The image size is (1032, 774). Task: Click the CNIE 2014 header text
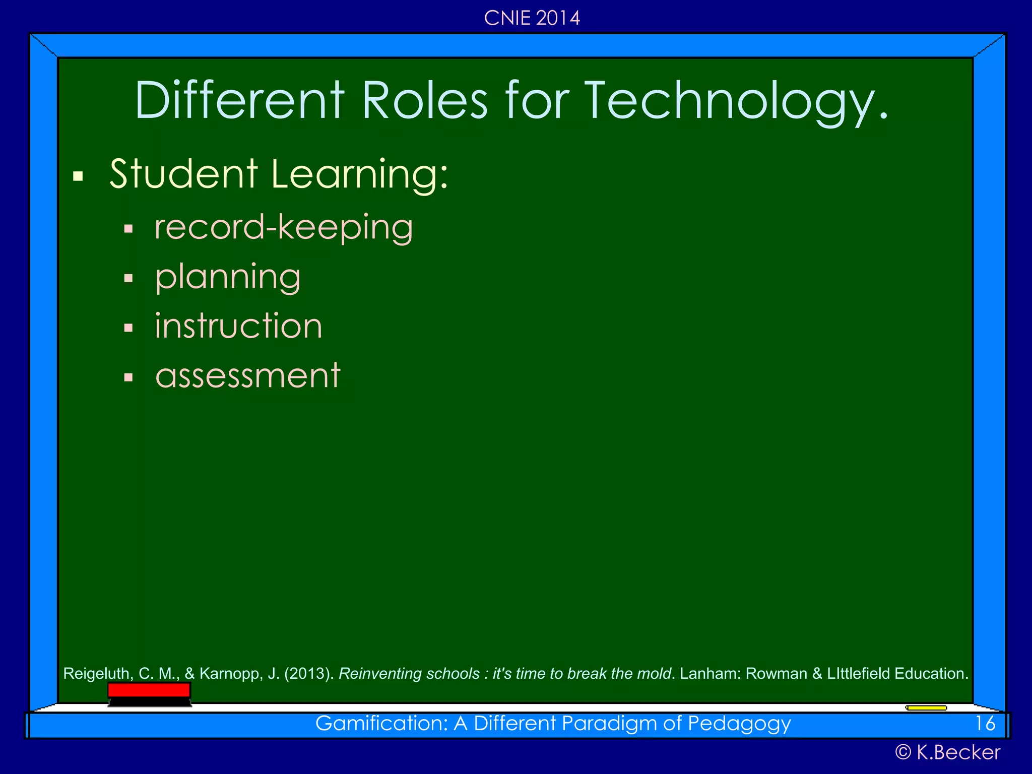(x=532, y=18)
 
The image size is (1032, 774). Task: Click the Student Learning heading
(x=279, y=174)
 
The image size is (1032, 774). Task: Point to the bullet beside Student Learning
(x=78, y=176)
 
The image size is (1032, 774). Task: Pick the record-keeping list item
(x=284, y=227)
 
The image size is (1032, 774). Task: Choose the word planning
(x=228, y=277)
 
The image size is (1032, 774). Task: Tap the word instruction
(x=238, y=326)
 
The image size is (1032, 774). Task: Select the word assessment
(x=248, y=375)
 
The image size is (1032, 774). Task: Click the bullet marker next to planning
(x=128, y=278)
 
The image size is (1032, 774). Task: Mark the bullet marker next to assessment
(x=128, y=377)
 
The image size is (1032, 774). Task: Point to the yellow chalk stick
(x=926, y=708)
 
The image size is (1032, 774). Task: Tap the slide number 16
(x=985, y=724)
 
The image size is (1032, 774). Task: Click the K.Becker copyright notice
(x=947, y=752)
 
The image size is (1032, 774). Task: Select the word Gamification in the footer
(x=381, y=724)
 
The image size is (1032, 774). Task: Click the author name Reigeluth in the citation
(x=96, y=674)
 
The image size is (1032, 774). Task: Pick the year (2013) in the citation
(x=309, y=674)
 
